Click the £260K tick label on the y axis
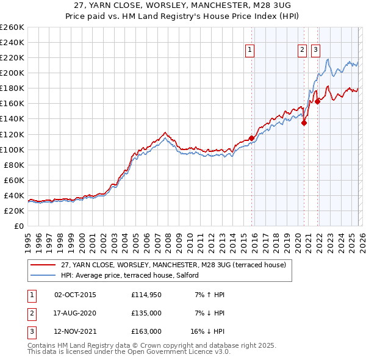click(12, 27)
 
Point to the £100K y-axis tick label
click(12, 149)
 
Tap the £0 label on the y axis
click(18, 226)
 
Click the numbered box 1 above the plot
click(251, 51)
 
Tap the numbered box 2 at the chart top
click(302, 51)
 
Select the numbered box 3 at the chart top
click(316, 51)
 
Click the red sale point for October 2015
click(251, 138)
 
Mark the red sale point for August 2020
click(304, 123)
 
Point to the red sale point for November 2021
click(317, 101)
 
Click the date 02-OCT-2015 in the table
click(75, 295)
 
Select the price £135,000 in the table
click(146, 313)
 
